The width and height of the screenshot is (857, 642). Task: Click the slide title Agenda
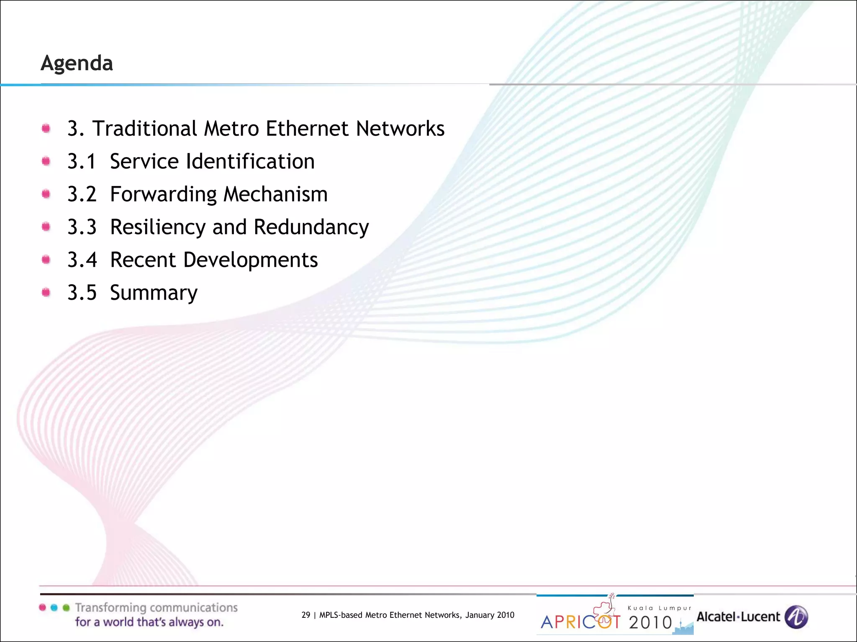click(x=77, y=64)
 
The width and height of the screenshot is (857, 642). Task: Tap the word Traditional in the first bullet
click(x=144, y=128)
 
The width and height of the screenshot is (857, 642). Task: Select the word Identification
click(x=250, y=161)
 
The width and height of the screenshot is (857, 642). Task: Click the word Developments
click(x=250, y=260)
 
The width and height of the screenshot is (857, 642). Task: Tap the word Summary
click(x=154, y=293)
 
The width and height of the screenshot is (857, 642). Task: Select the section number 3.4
click(x=82, y=260)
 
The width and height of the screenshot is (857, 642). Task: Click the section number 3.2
click(x=82, y=194)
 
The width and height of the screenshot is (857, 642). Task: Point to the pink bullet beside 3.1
click(x=46, y=161)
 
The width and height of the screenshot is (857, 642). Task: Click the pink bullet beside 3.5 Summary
click(x=46, y=293)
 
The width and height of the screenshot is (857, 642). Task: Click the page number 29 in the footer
click(x=306, y=615)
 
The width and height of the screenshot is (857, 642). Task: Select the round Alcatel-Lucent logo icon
click(x=796, y=617)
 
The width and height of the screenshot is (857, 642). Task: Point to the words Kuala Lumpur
click(x=659, y=608)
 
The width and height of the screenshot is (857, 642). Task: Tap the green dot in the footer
click(x=66, y=608)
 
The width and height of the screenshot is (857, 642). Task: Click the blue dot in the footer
click(x=54, y=608)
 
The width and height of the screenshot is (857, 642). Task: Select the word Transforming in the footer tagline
click(x=110, y=608)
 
